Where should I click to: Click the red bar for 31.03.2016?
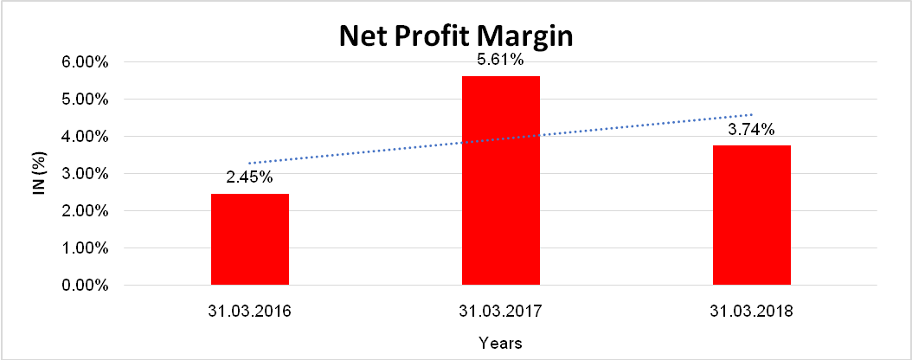250,240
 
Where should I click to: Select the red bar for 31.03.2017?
501,181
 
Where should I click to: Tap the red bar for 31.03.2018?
752,215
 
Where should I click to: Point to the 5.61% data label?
501,62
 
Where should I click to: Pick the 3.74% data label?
752,131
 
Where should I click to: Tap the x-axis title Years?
501,342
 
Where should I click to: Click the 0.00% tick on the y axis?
84,286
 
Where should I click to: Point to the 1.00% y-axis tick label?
84,248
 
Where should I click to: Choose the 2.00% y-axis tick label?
84,211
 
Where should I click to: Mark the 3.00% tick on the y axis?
84,174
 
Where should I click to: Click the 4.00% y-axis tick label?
84,137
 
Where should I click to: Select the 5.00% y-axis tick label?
84,100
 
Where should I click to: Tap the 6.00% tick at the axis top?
84,62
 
